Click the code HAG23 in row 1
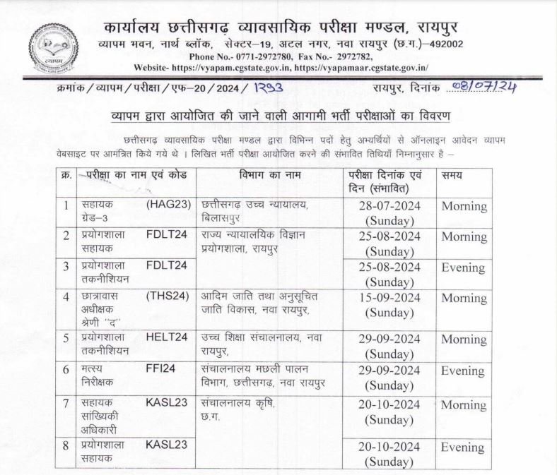click(x=167, y=205)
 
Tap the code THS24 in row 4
click(x=167, y=296)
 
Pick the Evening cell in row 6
click(x=463, y=368)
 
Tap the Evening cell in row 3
click(x=463, y=267)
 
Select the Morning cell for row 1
click(x=464, y=206)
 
